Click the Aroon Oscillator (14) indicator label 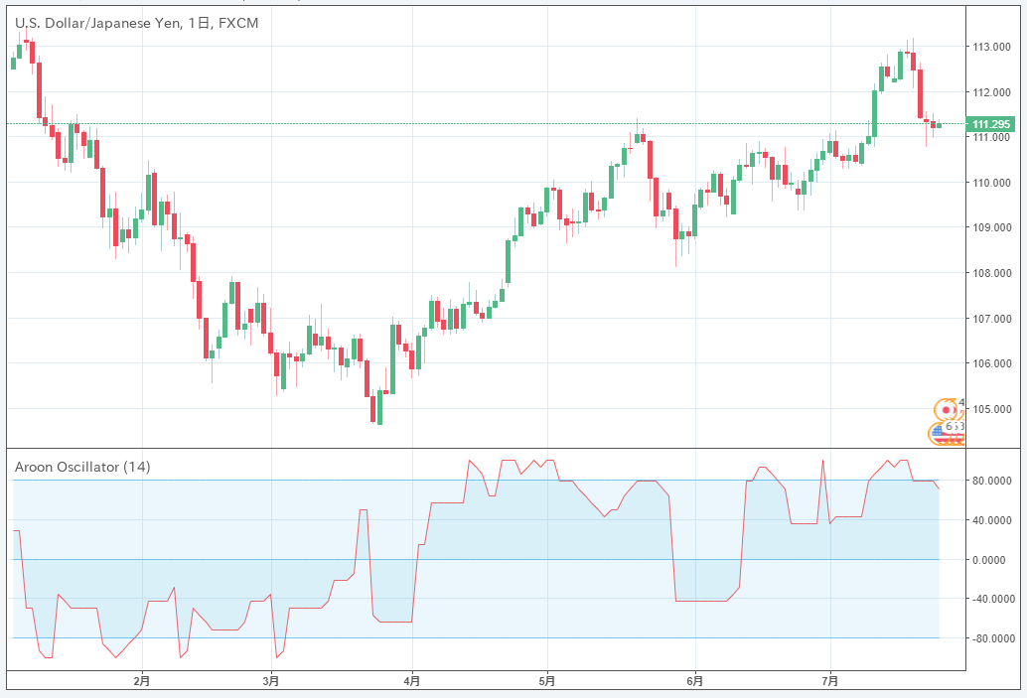coord(82,467)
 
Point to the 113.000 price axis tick coord(992,47)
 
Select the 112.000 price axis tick coord(992,92)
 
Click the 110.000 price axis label coord(992,183)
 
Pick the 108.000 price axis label coord(992,273)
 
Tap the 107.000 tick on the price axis coord(992,319)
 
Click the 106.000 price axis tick coord(992,363)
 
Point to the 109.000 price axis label coord(992,228)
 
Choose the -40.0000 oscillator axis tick coord(993,599)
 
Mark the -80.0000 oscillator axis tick coord(993,638)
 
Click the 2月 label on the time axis coord(142,681)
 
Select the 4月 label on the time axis coord(412,681)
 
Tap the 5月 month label coord(546,681)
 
